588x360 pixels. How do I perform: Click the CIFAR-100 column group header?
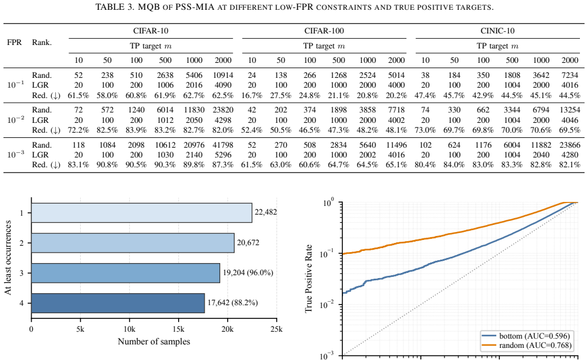coord(324,31)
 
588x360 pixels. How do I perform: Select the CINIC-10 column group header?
coord(497,31)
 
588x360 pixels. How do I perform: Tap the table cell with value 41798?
coord(223,145)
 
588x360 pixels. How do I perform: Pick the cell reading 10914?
coord(223,75)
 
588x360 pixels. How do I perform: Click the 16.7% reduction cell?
coord(251,95)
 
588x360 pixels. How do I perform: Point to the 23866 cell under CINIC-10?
coord(570,145)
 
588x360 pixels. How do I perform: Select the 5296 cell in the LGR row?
coord(223,155)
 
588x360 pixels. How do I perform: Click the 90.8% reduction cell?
coord(107,164)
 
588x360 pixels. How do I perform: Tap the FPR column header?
coord(14,42)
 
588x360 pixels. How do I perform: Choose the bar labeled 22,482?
coord(142,213)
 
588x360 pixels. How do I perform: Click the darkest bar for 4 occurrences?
coord(118,303)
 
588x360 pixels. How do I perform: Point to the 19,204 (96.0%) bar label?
coord(248,272)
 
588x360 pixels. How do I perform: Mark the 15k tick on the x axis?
coord(179,329)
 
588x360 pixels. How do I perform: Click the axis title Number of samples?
coord(154,342)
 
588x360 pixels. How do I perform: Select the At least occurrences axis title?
coord(8,257)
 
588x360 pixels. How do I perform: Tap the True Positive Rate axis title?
coord(308,279)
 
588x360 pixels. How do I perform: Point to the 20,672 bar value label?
coord(248,242)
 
